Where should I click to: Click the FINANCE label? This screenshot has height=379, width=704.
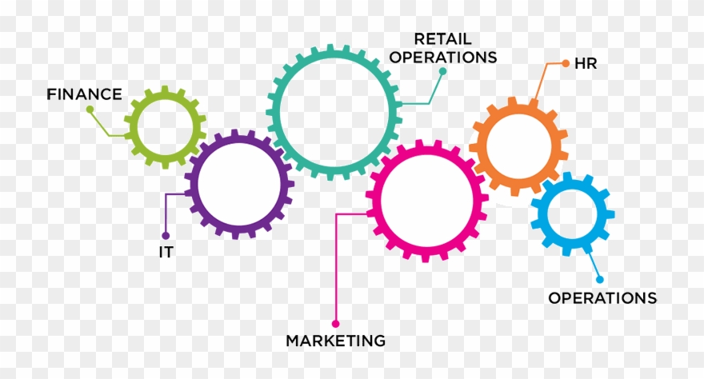pos(85,94)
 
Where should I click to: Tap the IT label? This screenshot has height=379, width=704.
pos(166,252)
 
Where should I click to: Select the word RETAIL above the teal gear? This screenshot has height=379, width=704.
pos(442,39)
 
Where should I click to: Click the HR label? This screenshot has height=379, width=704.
pos(586,64)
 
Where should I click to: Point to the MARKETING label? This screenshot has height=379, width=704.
pos(336,341)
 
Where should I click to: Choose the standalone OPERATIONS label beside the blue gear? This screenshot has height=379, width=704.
pos(602,297)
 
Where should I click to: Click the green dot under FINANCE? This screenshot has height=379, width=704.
pos(90,109)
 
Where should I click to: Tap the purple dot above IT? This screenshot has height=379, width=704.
pos(166,235)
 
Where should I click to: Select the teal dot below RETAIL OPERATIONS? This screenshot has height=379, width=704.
pos(442,71)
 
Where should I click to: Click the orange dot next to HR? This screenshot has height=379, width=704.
pos(566,64)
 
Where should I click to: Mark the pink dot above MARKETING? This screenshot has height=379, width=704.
pos(335,323)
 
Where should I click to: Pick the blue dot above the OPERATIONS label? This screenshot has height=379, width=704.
pos(600,279)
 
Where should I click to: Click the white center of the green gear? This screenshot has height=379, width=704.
pos(166,127)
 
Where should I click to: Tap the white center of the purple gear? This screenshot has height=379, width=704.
pos(239,185)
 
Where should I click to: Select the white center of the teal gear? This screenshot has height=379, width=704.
pos(334,112)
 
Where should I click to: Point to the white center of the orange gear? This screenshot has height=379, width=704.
pos(518,146)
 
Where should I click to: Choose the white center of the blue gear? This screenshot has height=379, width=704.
pos(573,214)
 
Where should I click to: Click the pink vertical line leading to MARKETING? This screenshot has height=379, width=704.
pos(336,267)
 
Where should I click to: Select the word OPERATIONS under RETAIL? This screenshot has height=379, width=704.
pos(442,58)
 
